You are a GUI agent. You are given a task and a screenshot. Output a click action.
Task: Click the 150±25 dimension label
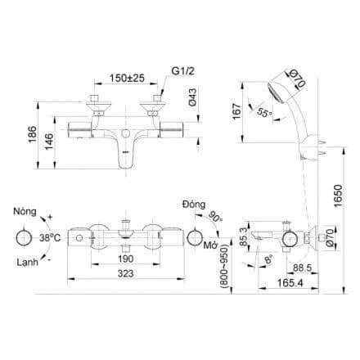127,78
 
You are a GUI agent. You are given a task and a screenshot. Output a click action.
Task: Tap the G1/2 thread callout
183,71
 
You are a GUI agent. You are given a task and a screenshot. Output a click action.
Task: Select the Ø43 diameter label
192,97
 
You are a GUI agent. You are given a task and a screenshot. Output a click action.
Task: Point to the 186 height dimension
33,134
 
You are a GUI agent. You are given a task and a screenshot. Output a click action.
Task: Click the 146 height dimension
49,142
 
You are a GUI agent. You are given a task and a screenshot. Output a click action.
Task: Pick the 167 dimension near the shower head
236,111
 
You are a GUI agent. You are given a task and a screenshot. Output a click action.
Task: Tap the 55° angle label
264,112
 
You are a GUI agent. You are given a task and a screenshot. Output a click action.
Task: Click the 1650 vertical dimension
338,196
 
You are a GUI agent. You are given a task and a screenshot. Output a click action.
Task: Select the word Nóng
25,211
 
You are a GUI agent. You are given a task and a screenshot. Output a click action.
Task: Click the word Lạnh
27,263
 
